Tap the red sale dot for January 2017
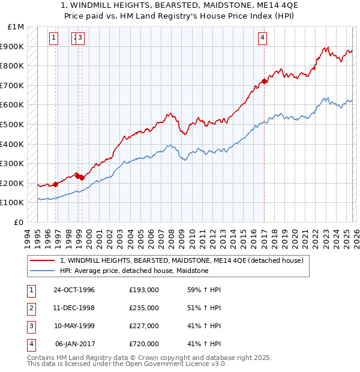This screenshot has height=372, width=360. (265, 81)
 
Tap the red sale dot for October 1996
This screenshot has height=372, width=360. (56, 184)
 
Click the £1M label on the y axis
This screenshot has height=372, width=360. (17, 26)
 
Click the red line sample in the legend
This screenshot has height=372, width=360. (42, 260)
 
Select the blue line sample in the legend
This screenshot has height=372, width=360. (42, 271)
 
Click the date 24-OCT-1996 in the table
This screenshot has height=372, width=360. (74, 290)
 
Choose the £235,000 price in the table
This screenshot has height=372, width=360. (143, 308)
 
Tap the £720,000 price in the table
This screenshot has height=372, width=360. (143, 344)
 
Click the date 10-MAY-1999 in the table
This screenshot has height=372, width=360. (74, 326)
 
